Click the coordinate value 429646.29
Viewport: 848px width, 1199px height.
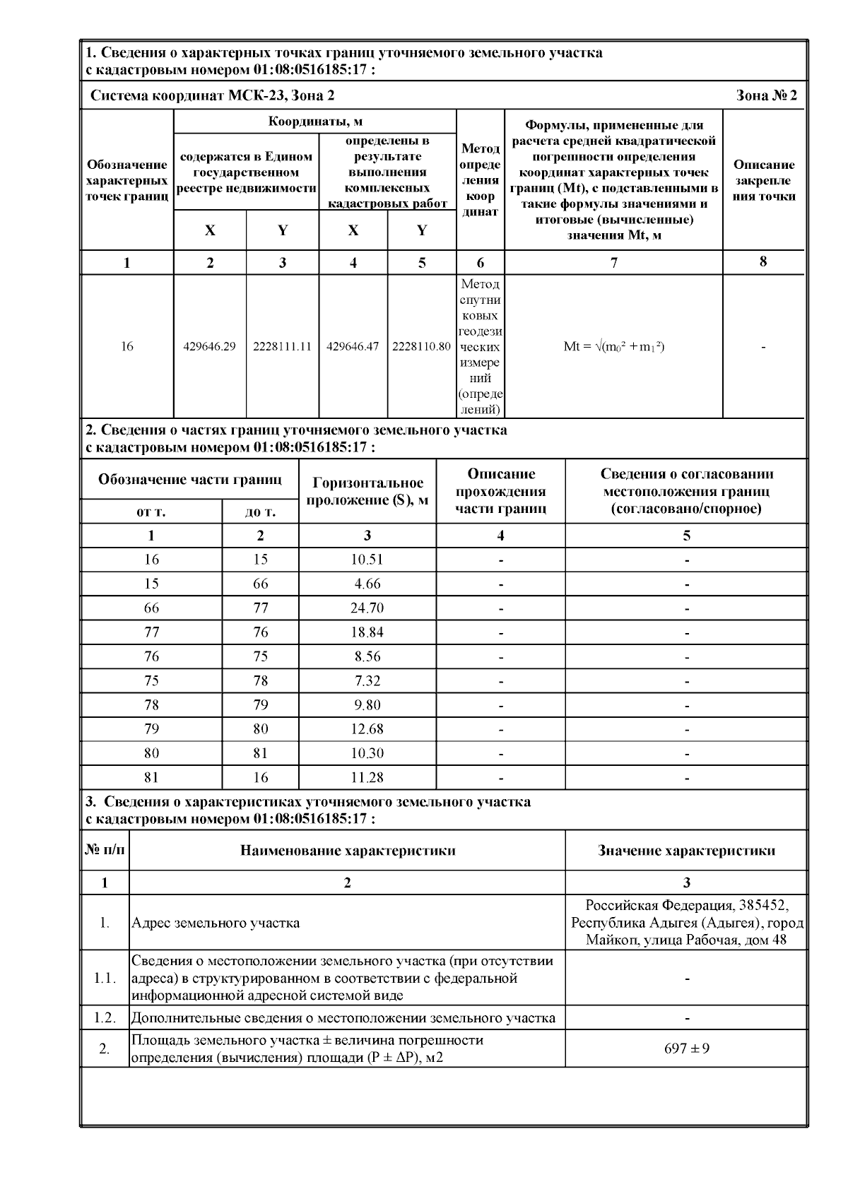click(x=210, y=347)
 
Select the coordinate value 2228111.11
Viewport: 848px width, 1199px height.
click(x=282, y=347)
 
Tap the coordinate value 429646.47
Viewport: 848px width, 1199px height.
click(x=353, y=347)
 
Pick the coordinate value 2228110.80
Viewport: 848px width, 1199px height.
click(x=421, y=347)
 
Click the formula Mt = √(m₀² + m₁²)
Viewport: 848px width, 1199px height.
click(x=614, y=347)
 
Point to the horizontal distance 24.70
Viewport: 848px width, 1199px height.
click(x=367, y=608)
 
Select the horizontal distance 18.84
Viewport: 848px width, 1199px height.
click(x=367, y=632)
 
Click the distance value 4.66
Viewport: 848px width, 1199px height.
click(x=367, y=584)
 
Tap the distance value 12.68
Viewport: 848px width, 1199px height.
click(x=367, y=729)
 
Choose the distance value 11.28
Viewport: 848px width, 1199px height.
click(x=367, y=778)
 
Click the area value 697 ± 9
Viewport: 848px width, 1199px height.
click(x=686, y=1049)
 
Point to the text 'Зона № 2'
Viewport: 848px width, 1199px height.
click(x=766, y=95)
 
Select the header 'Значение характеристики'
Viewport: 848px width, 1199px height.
click(x=686, y=851)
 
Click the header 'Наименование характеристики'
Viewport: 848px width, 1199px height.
click(x=348, y=851)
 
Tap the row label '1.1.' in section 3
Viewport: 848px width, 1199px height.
click(x=105, y=979)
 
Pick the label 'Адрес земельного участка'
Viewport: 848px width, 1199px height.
click(x=216, y=923)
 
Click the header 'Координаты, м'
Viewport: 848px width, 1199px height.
click(x=315, y=122)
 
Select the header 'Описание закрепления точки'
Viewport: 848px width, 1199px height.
click(x=764, y=180)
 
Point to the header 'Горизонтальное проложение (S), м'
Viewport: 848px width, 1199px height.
click(x=367, y=492)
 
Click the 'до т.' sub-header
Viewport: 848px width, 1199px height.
click(x=260, y=512)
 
